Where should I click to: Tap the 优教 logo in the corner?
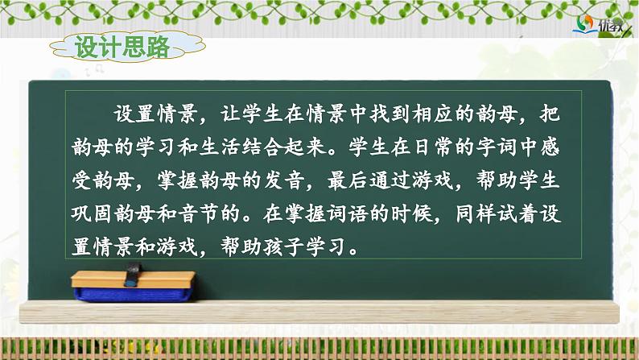tap(596, 26)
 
